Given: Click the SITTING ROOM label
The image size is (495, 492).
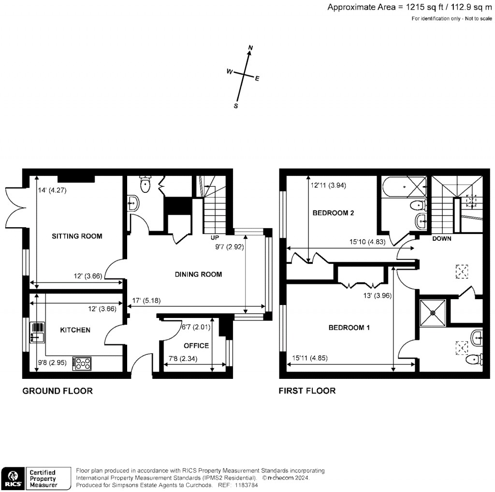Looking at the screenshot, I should click(x=77, y=236).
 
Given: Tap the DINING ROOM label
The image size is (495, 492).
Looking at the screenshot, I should click(x=198, y=275).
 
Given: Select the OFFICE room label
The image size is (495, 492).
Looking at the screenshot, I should click(x=196, y=346).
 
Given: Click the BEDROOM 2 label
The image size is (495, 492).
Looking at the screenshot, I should click(x=334, y=213).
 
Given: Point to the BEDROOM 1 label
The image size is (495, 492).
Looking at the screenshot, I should click(x=349, y=328).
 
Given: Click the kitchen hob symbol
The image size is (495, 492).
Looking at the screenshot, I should click(x=81, y=363).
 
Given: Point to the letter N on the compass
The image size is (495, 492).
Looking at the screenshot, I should click(x=250, y=47).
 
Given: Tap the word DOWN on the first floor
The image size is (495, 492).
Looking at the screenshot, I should click(x=441, y=238).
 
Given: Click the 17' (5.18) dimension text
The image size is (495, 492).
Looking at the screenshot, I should click(x=146, y=301).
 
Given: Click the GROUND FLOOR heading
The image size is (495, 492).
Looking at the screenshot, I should click(x=58, y=391).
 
